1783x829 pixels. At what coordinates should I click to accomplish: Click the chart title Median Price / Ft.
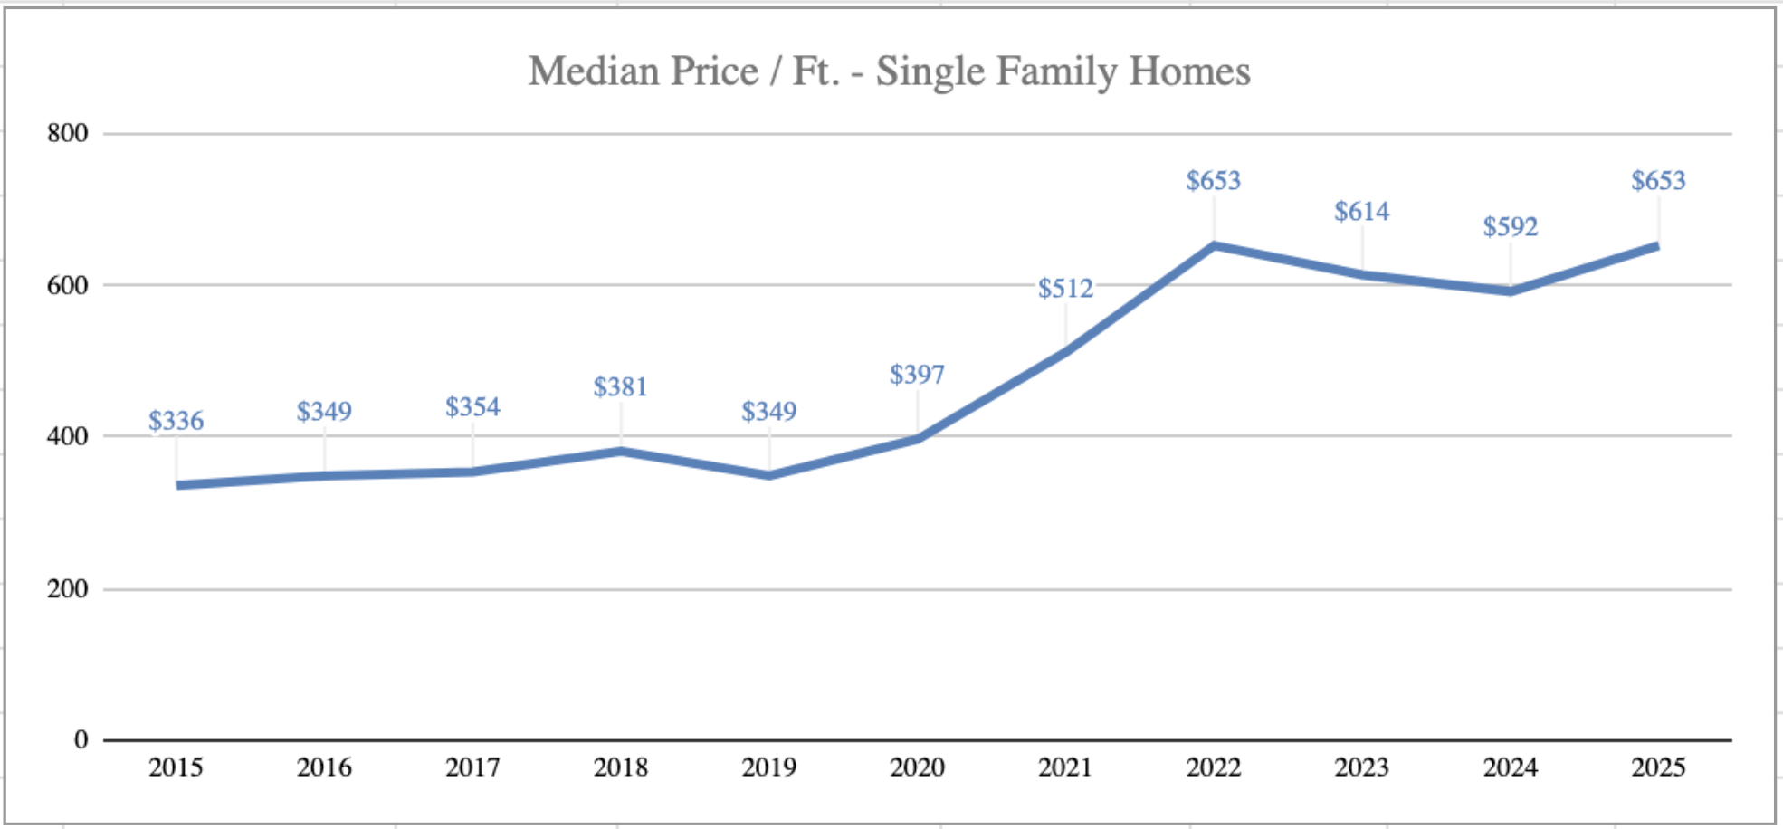[889, 71]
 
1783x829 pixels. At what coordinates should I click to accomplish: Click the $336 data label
[176, 421]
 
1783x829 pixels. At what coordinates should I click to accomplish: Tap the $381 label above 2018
[620, 387]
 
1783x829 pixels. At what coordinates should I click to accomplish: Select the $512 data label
[1065, 289]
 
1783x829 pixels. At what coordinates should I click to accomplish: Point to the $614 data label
[1361, 212]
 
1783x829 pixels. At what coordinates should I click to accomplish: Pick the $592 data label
[1510, 226]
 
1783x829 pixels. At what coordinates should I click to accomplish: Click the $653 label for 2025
[1658, 181]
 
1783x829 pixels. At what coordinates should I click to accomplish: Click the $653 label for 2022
[1213, 181]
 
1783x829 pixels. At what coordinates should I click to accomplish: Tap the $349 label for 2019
[768, 412]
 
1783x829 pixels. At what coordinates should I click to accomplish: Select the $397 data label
[917, 375]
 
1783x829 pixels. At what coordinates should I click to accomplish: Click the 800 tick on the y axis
[68, 134]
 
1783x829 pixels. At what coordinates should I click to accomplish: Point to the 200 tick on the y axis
[68, 589]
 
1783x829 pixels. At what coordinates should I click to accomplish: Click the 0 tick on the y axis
[81, 740]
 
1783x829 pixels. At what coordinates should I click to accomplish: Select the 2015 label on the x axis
[176, 767]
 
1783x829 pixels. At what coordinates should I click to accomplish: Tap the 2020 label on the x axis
[917, 767]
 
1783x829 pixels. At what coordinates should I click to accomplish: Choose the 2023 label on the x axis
[1361, 767]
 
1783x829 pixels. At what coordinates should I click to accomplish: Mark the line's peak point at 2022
[1213, 245]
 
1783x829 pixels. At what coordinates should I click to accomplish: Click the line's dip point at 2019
[768, 475]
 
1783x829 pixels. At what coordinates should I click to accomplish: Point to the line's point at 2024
[1510, 291]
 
